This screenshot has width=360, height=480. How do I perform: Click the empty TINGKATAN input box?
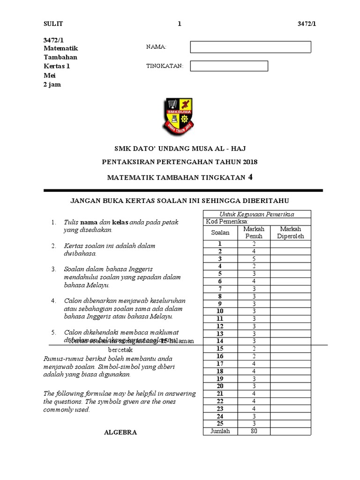tap(229, 66)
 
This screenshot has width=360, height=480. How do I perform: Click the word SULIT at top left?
tap(52, 24)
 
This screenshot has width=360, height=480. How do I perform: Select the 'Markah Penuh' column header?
tap(254, 232)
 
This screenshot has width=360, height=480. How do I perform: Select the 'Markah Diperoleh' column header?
tap(291, 232)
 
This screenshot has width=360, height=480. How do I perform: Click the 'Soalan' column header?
tap(220, 232)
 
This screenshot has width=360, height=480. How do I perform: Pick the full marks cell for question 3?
tap(254, 259)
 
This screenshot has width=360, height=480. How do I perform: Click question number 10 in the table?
tap(220, 311)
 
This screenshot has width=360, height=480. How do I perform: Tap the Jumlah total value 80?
tap(254, 431)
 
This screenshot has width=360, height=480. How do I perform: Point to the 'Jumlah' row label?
tap(220, 431)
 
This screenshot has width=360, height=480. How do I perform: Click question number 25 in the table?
tap(220, 424)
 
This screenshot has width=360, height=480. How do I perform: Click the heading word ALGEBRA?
tap(120, 433)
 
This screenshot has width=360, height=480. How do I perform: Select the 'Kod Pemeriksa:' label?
tap(227, 222)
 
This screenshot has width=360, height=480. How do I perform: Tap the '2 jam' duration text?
tap(52, 84)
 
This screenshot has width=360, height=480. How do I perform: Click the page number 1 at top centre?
tap(180, 24)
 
